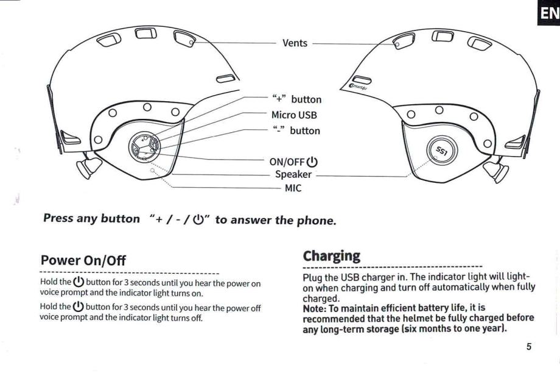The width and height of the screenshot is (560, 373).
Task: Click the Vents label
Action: click(x=295, y=43)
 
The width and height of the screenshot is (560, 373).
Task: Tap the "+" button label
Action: click(x=296, y=99)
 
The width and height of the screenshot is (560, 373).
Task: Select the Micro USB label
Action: click(x=294, y=115)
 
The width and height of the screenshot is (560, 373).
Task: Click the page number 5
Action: click(x=528, y=346)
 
